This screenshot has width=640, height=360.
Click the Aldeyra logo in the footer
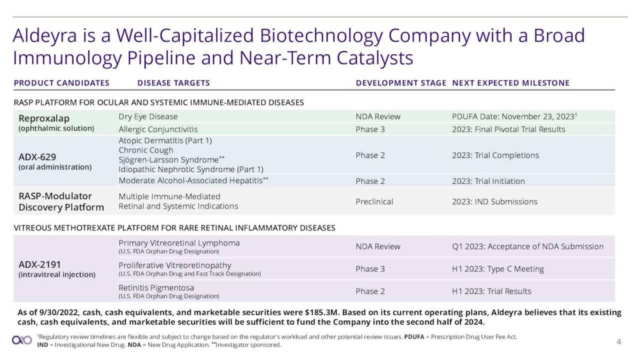point(22,340)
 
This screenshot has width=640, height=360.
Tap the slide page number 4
point(619,342)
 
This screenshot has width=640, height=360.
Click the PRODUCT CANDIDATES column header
point(61,83)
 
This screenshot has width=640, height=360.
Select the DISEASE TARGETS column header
point(173,83)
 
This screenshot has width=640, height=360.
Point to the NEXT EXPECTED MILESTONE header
point(510,83)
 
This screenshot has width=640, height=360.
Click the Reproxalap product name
point(44,118)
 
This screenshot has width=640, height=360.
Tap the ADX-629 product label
point(37,157)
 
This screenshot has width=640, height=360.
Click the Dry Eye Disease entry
point(148,116)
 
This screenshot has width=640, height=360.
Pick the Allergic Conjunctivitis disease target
point(158,129)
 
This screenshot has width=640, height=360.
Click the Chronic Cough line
point(146,150)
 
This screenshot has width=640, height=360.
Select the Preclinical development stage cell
point(374,202)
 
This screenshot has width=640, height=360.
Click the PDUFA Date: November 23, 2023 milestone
point(514,116)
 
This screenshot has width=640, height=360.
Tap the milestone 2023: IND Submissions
point(494,202)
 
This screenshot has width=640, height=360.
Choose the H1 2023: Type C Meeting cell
point(498,269)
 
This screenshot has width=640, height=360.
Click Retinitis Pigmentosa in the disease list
point(156,287)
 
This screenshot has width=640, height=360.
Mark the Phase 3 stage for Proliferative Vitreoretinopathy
point(370,269)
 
